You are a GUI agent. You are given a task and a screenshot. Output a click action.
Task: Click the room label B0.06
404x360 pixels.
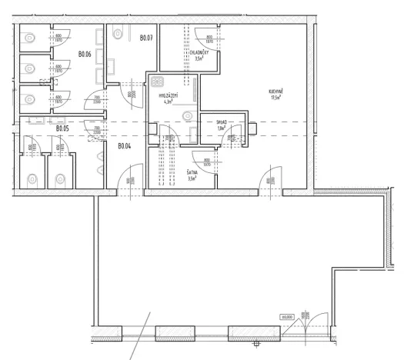[85, 55]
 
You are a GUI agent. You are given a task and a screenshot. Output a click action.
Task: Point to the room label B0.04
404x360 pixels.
[125, 146]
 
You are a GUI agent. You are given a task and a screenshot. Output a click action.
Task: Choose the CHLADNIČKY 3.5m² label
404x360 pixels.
[198, 55]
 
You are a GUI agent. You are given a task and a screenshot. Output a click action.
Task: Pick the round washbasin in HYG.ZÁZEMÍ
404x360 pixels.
[185, 116]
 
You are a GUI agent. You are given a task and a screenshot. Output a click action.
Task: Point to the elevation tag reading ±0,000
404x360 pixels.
[288, 315]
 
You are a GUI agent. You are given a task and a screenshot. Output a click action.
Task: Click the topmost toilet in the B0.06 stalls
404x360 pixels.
[30, 37]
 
